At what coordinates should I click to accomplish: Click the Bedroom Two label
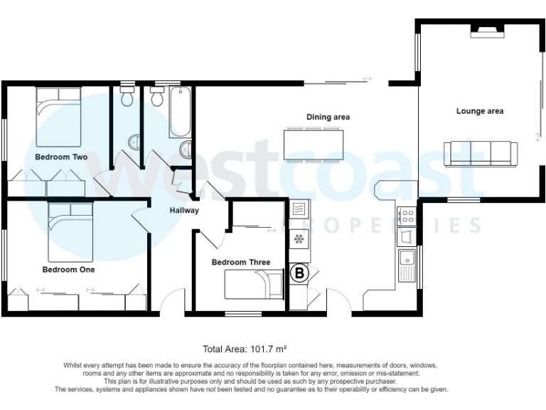[x=61, y=157]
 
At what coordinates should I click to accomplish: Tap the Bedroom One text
[x=68, y=270]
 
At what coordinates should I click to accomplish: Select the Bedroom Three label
[x=241, y=262]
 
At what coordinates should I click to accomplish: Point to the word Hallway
[x=184, y=210]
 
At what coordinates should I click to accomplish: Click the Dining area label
[x=328, y=117]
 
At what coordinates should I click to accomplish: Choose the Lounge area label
[x=480, y=111]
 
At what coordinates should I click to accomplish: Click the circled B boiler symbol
[x=299, y=273]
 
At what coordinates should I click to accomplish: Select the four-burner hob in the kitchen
[x=408, y=214]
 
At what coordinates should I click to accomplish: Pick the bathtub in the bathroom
[x=179, y=112]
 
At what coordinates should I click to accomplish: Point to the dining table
[x=313, y=144]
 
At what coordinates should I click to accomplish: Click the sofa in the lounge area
[x=480, y=153]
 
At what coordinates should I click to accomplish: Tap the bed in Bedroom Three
[x=253, y=285]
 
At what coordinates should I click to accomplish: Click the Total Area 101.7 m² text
[x=245, y=349]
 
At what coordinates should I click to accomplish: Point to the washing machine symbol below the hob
[x=407, y=236]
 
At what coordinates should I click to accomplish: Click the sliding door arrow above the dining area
[x=367, y=79]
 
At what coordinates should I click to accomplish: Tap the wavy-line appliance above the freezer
[x=299, y=209]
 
